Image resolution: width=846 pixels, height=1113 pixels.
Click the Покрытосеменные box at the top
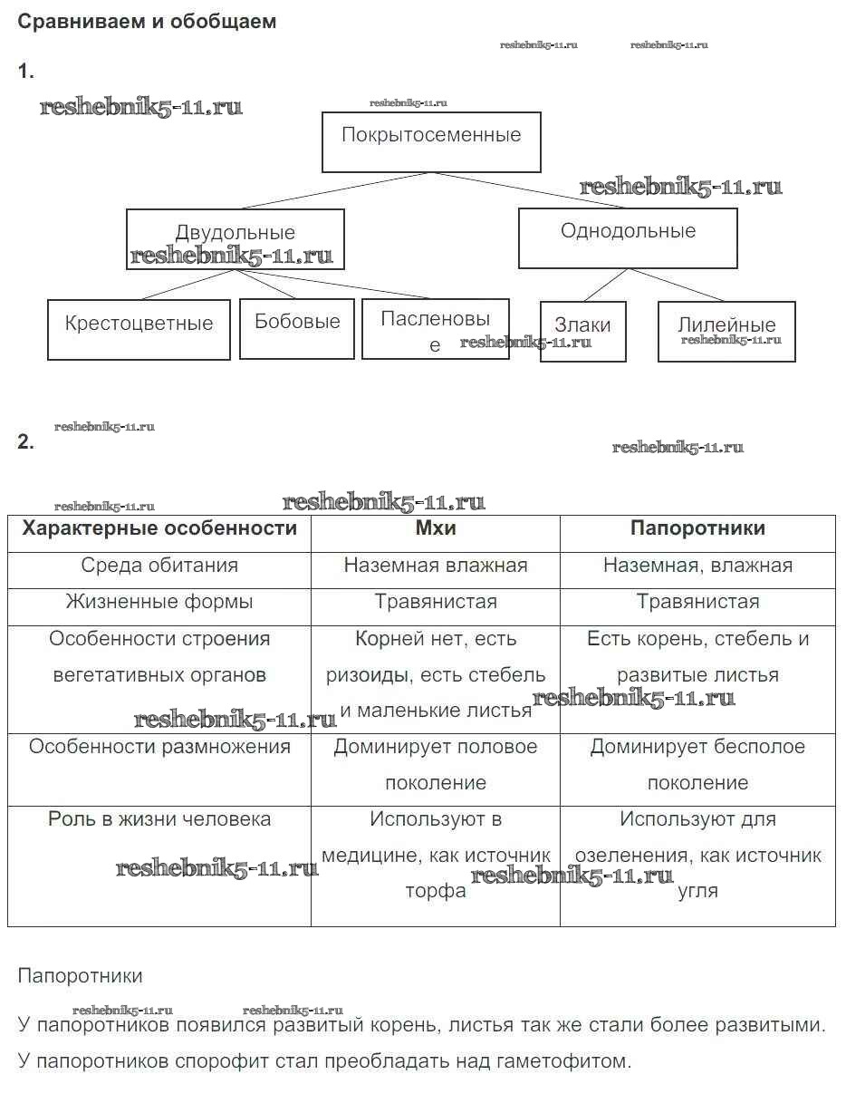click(x=431, y=141)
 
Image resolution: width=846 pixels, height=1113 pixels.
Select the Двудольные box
click(x=235, y=238)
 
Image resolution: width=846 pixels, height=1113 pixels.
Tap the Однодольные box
click(x=628, y=237)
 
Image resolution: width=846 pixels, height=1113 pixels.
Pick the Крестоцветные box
click(x=139, y=330)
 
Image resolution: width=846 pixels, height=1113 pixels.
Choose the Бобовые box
click(x=296, y=328)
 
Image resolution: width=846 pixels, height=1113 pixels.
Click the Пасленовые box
click(x=435, y=328)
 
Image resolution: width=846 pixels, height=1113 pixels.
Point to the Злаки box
click(x=582, y=332)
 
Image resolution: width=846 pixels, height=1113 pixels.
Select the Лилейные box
click(x=726, y=331)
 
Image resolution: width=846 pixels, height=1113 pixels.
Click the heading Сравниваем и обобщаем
click(x=147, y=22)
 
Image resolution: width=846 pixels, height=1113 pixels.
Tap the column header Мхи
click(x=435, y=528)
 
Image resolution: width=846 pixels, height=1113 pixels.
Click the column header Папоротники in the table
click(x=697, y=528)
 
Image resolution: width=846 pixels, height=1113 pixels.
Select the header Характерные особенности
click(x=159, y=528)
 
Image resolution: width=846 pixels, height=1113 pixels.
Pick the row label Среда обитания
click(x=159, y=566)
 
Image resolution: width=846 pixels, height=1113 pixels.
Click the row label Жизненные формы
click(x=159, y=602)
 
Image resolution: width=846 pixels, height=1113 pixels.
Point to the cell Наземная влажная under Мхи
click(x=435, y=566)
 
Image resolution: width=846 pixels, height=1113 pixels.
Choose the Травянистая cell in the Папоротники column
click(x=697, y=602)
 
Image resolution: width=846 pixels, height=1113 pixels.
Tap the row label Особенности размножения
click(x=159, y=747)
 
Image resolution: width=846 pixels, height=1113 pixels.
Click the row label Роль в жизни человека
click(x=159, y=819)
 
